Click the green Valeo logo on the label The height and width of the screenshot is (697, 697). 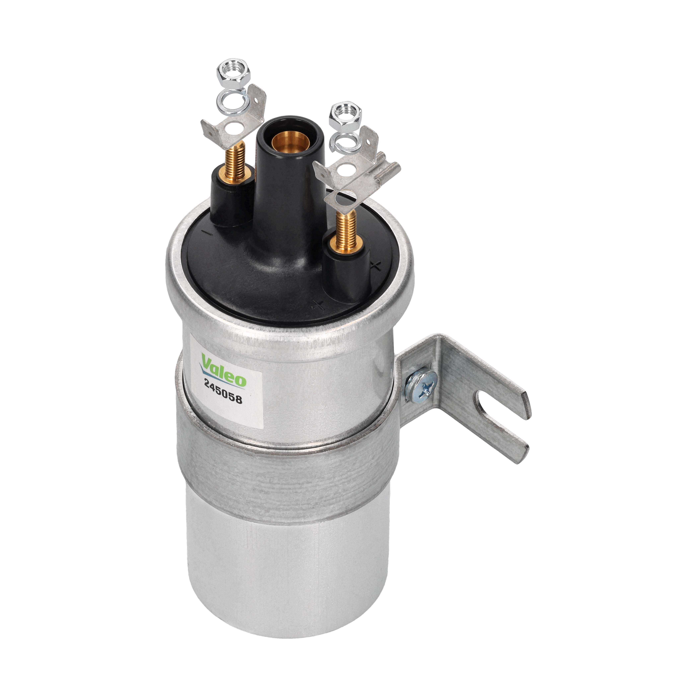(223, 370)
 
